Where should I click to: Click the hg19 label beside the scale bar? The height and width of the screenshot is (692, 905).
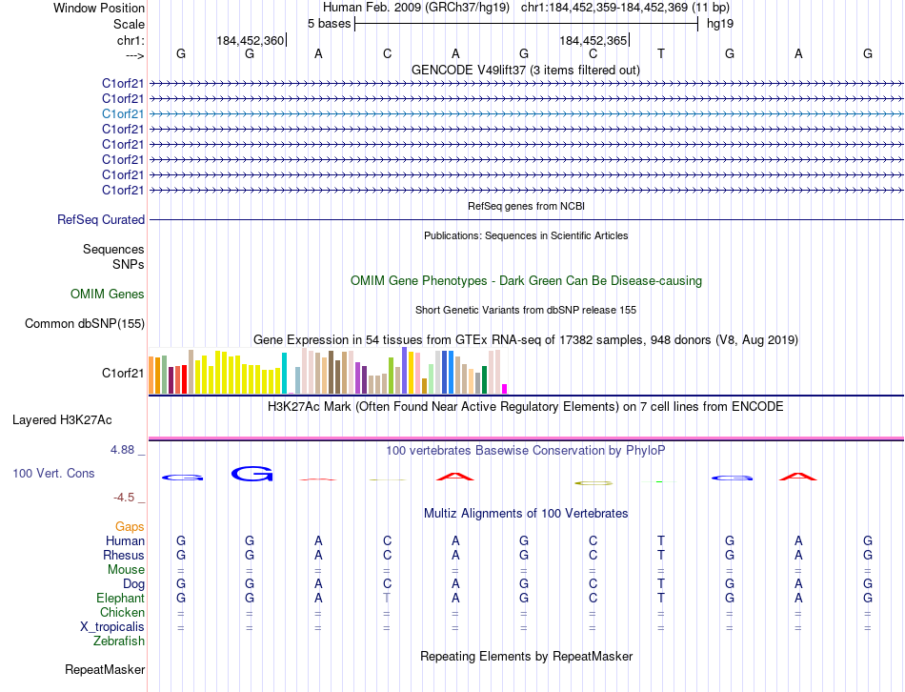coord(719,23)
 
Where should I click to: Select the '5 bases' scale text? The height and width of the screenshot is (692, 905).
coord(329,23)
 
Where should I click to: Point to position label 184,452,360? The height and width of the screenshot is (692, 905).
coord(250,40)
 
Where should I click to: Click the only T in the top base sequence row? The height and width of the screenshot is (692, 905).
coord(661,53)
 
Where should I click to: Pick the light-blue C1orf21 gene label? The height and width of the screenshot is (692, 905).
coord(124,113)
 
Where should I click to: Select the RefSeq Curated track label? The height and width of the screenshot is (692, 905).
coord(101,220)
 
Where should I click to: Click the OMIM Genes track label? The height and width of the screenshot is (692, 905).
coord(108,295)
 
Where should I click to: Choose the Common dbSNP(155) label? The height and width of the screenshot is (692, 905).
coord(85,324)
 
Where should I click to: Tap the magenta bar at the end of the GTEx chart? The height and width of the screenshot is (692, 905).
coord(505,388)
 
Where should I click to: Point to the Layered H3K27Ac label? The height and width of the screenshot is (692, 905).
coord(62,419)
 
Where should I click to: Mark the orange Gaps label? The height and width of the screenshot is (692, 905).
coord(130,526)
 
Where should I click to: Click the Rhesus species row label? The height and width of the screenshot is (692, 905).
coord(124,555)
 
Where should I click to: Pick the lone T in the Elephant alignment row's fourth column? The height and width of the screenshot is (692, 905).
coord(387,598)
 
